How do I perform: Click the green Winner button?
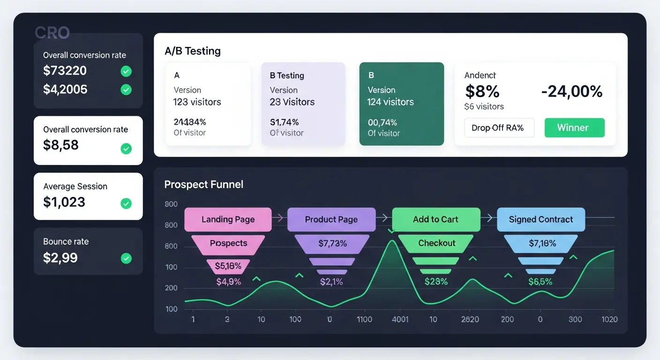click(x=574, y=127)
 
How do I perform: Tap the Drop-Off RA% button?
click(x=499, y=127)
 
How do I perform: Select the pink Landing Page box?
click(x=228, y=219)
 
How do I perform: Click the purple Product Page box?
click(x=331, y=219)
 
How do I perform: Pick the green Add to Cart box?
click(x=435, y=219)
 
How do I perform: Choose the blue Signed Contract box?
click(x=540, y=219)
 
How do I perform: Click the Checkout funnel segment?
click(x=436, y=243)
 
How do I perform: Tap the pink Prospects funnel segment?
click(x=228, y=243)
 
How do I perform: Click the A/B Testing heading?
click(x=193, y=51)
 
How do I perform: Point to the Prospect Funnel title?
click(x=203, y=185)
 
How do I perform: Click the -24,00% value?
click(x=571, y=91)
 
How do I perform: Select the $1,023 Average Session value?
click(x=64, y=202)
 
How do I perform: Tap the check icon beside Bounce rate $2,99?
click(x=126, y=258)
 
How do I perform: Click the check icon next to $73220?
click(x=126, y=71)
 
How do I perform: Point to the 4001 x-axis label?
click(x=400, y=320)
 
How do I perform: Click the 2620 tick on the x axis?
click(x=470, y=320)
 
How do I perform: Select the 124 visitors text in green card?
click(x=390, y=102)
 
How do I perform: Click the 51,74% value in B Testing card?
click(x=284, y=122)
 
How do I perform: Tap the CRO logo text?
click(x=52, y=33)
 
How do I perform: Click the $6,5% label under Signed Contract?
click(x=540, y=282)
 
